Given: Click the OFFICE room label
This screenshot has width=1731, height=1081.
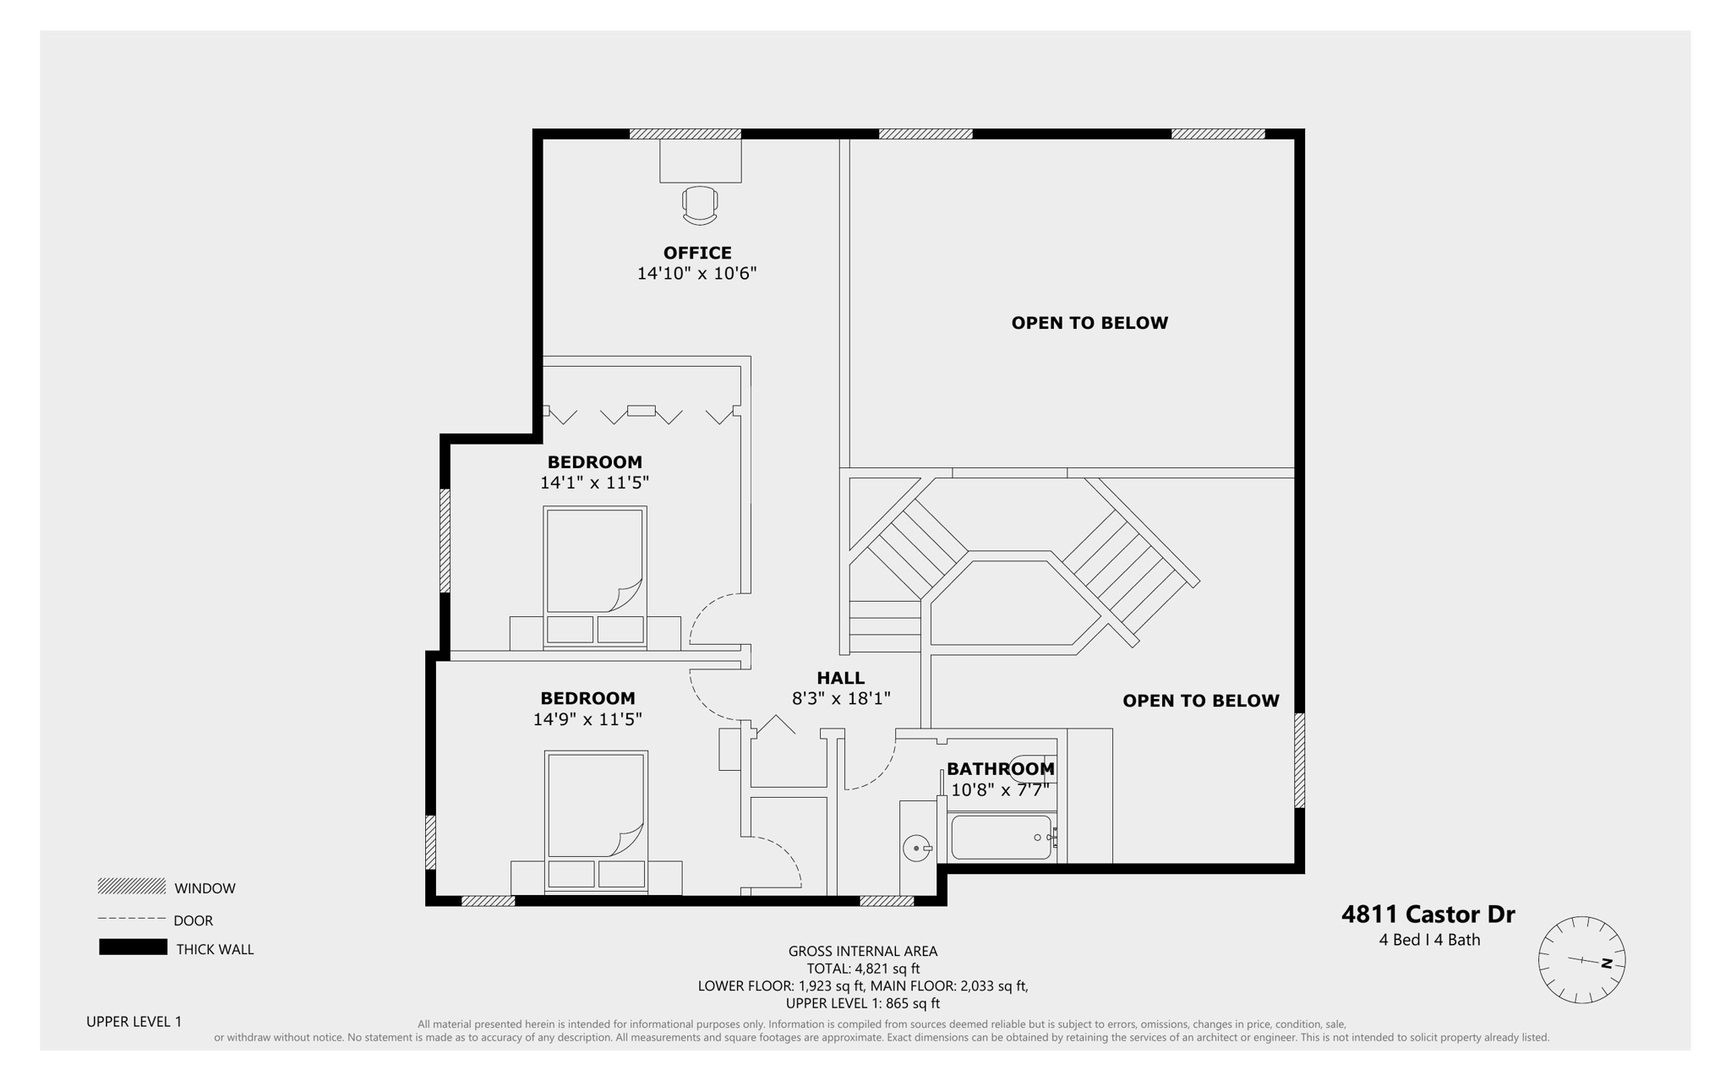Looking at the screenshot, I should [697, 253].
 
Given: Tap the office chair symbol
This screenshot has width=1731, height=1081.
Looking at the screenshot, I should [700, 205].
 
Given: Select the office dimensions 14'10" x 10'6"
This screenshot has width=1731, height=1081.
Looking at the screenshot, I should [696, 273].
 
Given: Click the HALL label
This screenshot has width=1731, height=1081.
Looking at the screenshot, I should [840, 678].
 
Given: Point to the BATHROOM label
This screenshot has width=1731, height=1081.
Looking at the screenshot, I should [1000, 769].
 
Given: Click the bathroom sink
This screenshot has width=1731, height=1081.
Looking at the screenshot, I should [916, 848].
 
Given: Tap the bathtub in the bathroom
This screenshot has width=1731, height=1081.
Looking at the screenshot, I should [1001, 837].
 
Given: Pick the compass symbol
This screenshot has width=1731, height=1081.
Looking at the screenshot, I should [1581, 960].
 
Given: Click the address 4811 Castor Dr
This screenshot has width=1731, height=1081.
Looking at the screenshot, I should [1428, 914].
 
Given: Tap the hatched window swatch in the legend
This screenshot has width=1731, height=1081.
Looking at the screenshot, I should [132, 886].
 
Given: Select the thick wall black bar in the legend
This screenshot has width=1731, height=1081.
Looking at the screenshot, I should [133, 947].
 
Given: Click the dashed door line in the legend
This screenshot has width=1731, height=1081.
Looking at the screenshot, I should [132, 919].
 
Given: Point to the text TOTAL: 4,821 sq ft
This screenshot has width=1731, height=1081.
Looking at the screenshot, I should [863, 969].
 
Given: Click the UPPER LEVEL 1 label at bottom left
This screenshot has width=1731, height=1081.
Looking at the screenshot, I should [134, 1021].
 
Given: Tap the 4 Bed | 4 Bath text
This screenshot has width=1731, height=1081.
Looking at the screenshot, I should [1429, 940].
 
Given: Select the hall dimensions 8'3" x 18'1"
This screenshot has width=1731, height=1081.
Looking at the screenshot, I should [841, 699].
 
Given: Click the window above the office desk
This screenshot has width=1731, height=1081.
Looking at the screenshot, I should [685, 134].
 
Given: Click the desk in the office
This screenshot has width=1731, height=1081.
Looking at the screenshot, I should [701, 161].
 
